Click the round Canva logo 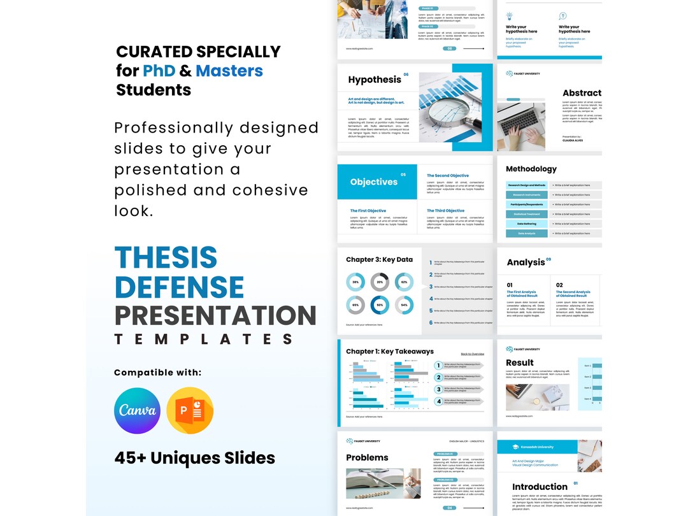137,411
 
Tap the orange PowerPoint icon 190,411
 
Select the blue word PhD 159,71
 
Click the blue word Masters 229,71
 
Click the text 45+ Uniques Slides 195,457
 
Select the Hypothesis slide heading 375,80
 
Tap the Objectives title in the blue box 374,182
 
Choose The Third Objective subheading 446,211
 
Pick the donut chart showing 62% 404,282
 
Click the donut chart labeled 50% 380,305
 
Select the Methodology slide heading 531,169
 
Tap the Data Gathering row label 527,224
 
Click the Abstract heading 582,93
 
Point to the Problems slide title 367,457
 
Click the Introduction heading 540,487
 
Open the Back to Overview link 473,354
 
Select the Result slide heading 520,362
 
